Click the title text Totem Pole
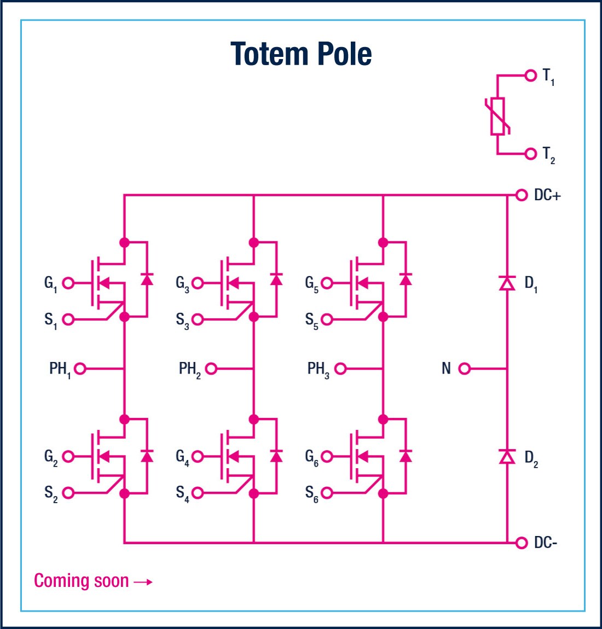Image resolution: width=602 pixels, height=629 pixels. pyautogui.click(x=301, y=54)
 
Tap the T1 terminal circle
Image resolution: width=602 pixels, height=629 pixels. pyautogui.click(x=530, y=75)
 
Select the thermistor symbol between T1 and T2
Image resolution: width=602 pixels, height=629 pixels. pyautogui.click(x=497, y=115)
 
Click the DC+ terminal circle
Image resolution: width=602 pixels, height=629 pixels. pyautogui.click(x=522, y=195)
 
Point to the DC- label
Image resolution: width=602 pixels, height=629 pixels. pyautogui.click(x=545, y=543)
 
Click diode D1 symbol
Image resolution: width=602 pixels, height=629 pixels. pyautogui.click(x=507, y=283)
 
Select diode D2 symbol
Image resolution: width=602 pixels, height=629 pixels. pyautogui.click(x=507, y=456)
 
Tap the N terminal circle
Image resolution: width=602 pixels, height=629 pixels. pyautogui.click(x=464, y=369)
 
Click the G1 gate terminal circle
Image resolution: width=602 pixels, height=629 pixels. pyautogui.click(x=68, y=283)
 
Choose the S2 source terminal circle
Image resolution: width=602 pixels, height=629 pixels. pyautogui.click(x=68, y=493)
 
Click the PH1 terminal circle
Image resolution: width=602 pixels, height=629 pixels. pyautogui.click(x=80, y=369)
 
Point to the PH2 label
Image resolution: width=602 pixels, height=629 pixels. pyautogui.click(x=189, y=369)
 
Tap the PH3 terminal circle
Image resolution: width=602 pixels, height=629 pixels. pyautogui.click(x=340, y=369)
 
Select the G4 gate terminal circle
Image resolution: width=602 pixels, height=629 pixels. pyautogui.click(x=198, y=456)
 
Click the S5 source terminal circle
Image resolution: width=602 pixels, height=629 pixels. pyautogui.click(x=327, y=319)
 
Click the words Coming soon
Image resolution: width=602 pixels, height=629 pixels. pyautogui.click(x=81, y=581)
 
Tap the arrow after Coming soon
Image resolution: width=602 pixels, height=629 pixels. pyautogui.click(x=143, y=582)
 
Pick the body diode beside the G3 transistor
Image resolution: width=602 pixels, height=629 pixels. pyautogui.click(x=276, y=279)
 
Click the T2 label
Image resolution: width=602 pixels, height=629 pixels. pyautogui.click(x=548, y=155)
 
